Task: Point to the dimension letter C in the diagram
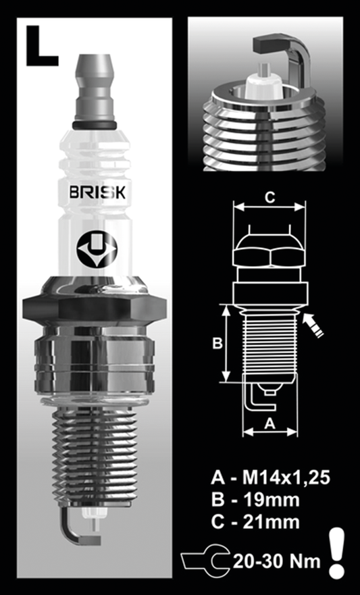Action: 269,197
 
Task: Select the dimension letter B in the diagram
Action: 217,343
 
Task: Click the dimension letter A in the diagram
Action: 269,423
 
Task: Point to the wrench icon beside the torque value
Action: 206,560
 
